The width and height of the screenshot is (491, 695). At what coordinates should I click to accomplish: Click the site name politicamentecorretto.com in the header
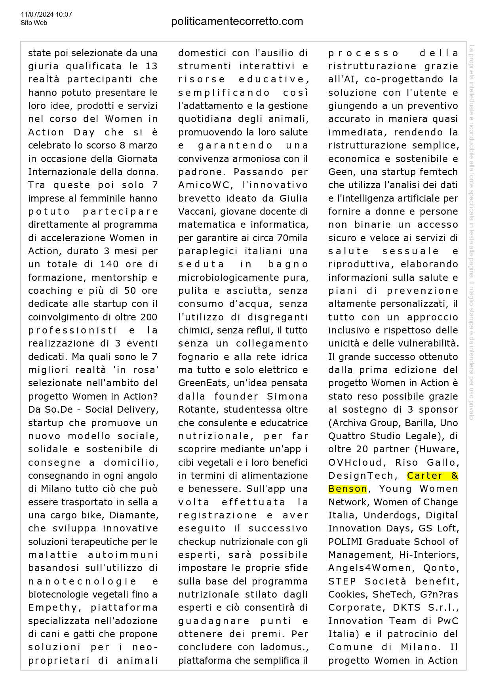coord(237,21)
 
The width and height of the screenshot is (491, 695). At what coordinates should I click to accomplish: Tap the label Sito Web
coord(34,23)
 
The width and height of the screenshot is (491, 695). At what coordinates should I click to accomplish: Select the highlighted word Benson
coord(347,489)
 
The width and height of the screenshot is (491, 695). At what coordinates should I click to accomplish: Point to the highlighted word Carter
coord(425,476)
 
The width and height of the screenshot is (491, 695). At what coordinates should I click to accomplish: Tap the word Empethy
coord(52,607)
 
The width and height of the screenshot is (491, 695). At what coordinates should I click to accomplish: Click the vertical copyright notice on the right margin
coord(471,232)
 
